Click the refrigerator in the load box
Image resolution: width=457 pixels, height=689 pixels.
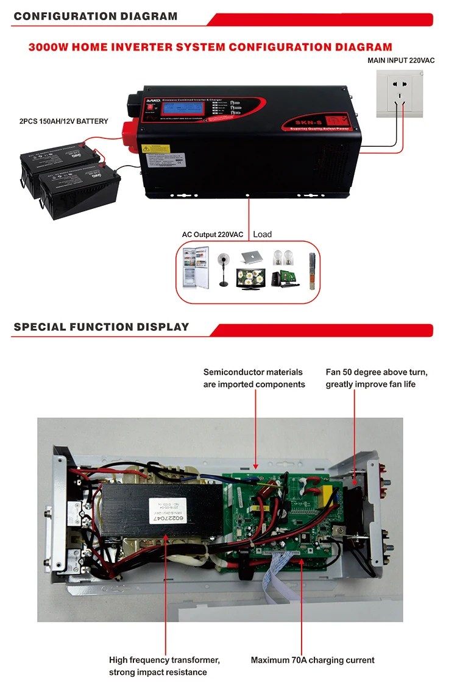pos(196,267)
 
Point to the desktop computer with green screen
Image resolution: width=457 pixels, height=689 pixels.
pos(285,277)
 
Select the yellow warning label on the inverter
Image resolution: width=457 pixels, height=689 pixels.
pos(155,148)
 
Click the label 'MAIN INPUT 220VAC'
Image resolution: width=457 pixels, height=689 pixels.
pos(400,60)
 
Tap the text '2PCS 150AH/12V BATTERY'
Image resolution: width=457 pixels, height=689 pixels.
pos(63,121)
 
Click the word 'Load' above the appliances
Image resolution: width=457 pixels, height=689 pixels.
pos(262,234)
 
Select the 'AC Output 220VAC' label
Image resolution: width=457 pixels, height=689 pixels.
pos(212,235)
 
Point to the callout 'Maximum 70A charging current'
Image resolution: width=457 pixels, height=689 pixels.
pos(313,660)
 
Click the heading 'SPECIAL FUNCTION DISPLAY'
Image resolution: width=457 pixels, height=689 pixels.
pos(101,327)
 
